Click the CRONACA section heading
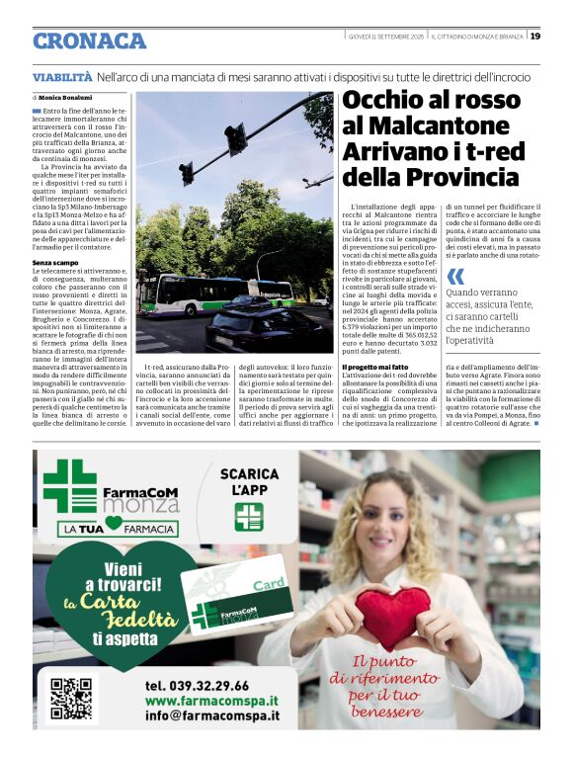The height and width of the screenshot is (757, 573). click(89, 42)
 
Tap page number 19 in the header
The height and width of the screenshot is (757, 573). click(534, 37)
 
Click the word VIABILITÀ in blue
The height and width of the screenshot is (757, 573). click(62, 76)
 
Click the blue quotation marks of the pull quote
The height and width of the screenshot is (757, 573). click(454, 277)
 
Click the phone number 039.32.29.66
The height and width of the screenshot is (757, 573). click(197, 685)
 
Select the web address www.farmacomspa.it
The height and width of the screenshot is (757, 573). click(211, 701)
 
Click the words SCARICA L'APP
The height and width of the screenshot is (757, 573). click(249, 481)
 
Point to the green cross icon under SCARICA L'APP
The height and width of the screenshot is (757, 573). click(248, 517)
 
